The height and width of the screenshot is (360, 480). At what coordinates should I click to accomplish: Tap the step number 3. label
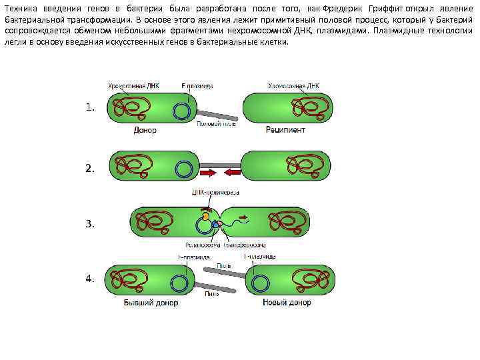(x=90, y=224)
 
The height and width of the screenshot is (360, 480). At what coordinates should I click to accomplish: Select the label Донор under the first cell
(x=145, y=130)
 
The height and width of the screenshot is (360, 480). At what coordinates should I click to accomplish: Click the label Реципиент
(x=285, y=130)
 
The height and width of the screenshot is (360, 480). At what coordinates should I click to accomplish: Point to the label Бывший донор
(x=151, y=303)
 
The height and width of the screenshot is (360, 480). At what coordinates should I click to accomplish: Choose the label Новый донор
(x=285, y=303)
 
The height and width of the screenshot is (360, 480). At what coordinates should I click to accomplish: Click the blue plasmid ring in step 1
(x=181, y=110)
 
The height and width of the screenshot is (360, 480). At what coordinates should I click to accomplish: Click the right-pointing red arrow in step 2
(x=207, y=173)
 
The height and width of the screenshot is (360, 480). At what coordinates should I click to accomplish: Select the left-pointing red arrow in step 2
(x=232, y=173)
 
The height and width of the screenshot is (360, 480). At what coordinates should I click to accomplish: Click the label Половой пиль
(x=216, y=123)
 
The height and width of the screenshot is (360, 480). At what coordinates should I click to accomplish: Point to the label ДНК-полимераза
(x=215, y=193)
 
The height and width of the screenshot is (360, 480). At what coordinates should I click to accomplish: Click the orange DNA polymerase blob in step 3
(x=207, y=216)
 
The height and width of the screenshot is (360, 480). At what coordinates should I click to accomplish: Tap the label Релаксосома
(x=199, y=245)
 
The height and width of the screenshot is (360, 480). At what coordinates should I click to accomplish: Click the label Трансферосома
(x=244, y=245)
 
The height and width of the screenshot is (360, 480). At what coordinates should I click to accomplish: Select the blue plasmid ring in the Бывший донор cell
(x=178, y=283)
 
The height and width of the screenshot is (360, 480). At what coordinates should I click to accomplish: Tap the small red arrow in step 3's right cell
(x=243, y=217)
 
